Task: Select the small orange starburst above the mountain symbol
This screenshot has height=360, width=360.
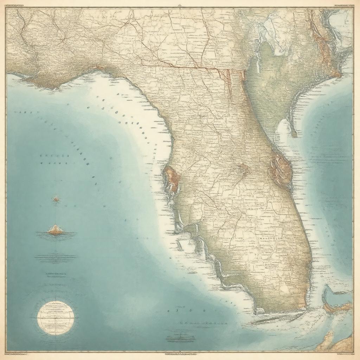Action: point(56,199)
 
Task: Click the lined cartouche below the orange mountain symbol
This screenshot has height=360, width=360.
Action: point(56,258)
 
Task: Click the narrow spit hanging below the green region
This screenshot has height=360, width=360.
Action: point(293,128)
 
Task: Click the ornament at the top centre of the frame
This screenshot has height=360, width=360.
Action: point(180,5)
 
